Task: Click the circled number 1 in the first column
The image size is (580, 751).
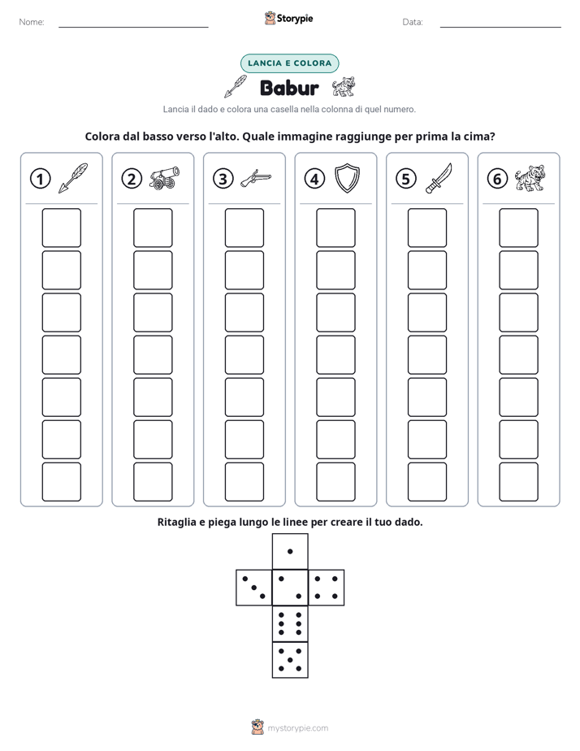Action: tap(40, 179)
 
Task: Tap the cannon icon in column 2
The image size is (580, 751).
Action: tap(164, 178)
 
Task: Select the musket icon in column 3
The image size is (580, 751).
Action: tap(256, 178)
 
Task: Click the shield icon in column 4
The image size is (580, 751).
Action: tap(347, 178)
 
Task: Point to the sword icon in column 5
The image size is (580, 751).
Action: tap(439, 178)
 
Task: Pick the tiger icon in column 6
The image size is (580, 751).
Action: tap(530, 178)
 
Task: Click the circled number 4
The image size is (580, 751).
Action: tap(314, 179)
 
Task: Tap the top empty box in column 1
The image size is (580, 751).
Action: tap(61, 228)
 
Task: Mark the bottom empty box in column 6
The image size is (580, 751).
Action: tap(518, 482)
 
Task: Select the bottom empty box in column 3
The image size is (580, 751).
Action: tap(244, 482)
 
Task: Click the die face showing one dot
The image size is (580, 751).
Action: tap(290, 551)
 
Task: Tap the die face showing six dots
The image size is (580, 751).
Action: tap(290, 623)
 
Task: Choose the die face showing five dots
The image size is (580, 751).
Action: tap(290, 660)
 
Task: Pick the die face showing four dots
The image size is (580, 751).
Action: tap(327, 588)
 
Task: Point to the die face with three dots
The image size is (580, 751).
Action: tap(253, 588)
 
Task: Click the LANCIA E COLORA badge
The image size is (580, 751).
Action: tap(289, 63)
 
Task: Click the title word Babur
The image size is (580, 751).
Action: tap(289, 88)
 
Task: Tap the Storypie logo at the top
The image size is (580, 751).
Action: tap(288, 18)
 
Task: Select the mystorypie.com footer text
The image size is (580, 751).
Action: tap(297, 728)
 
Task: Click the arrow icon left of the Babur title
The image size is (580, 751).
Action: tap(236, 86)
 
